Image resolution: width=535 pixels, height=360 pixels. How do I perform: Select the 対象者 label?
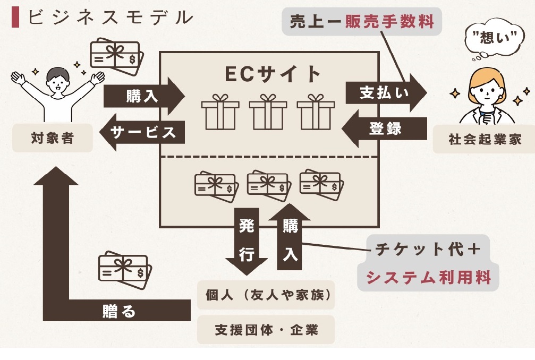(53, 139)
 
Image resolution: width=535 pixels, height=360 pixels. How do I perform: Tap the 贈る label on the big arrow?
(119, 311)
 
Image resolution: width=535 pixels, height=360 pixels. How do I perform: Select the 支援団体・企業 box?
(266, 330)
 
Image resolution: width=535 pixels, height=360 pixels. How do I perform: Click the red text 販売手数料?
(390, 22)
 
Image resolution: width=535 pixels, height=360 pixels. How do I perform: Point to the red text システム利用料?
(428, 277)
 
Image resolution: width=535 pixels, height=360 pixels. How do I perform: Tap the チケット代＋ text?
(428, 250)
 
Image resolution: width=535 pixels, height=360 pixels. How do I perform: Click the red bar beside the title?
(15, 18)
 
